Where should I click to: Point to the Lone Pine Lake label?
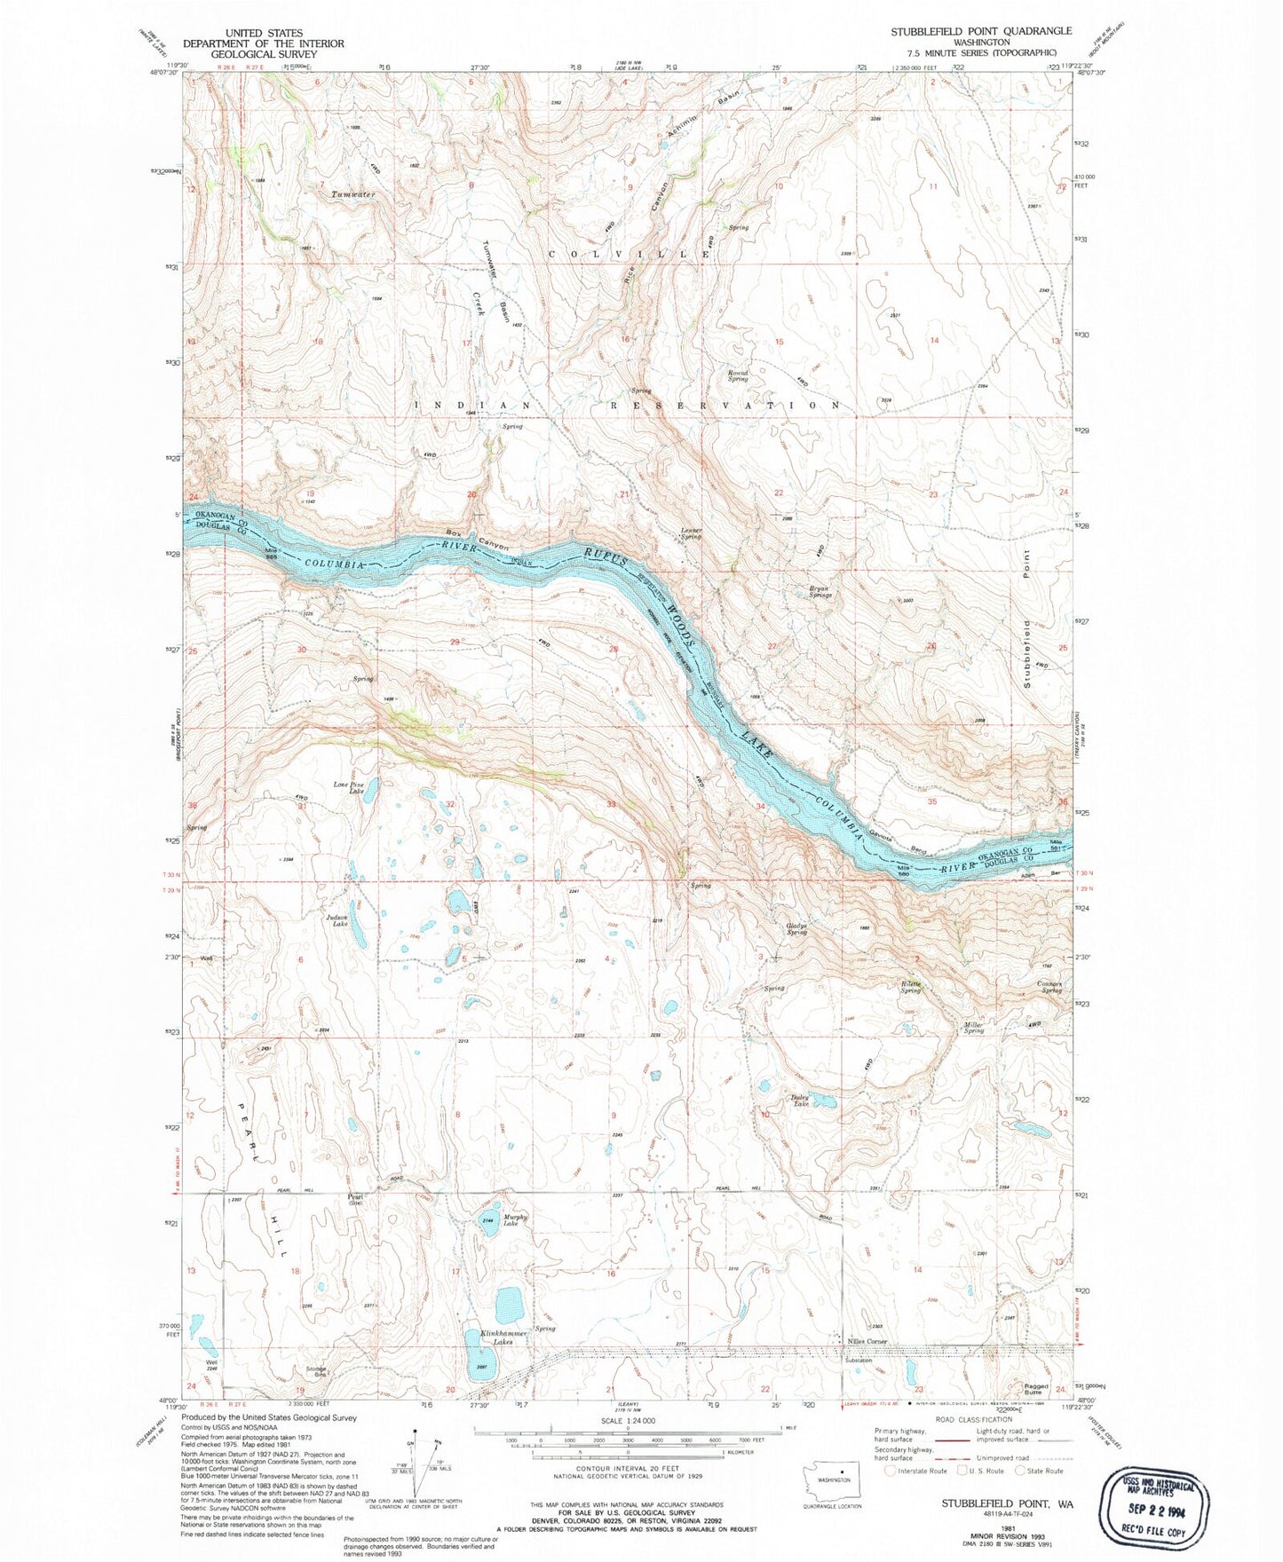[349, 787]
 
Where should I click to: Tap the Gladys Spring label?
[796, 929]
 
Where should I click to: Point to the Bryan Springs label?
[820, 591]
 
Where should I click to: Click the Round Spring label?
[738, 376]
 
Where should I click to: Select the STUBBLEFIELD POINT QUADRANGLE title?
[981, 31]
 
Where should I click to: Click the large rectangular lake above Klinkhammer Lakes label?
[510, 1305]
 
